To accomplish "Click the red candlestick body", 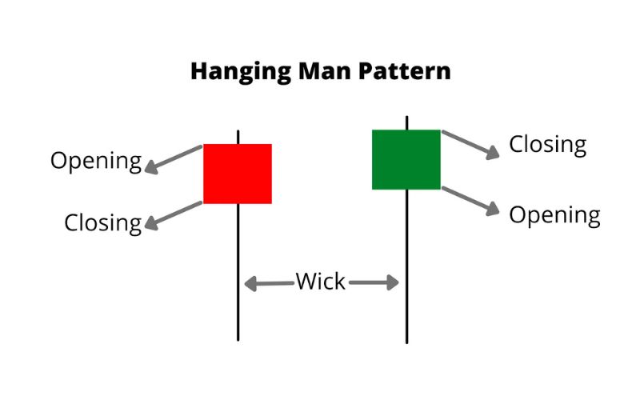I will pyautogui.click(x=238, y=174).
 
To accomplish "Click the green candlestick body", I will pyautogui.click(x=406, y=159).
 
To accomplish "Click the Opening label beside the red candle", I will pyautogui.click(x=95, y=161).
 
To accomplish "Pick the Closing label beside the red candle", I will pyautogui.click(x=102, y=222).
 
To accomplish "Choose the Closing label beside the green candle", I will pyautogui.click(x=548, y=145).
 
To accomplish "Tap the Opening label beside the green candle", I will pyautogui.click(x=554, y=214).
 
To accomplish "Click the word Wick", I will pyautogui.click(x=321, y=282).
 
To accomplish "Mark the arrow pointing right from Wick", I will pyautogui.click(x=374, y=282).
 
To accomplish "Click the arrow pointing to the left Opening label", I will pyautogui.click(x=174, y=159).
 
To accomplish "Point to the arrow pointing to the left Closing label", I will pyautogui.click(x=174, y=215).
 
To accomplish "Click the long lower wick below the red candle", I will pyautogui.click(x=238, y=272).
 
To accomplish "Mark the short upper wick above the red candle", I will pyautogui.click(x=238, y=136).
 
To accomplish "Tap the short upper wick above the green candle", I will pyautogui.click(x=407, y=122).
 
